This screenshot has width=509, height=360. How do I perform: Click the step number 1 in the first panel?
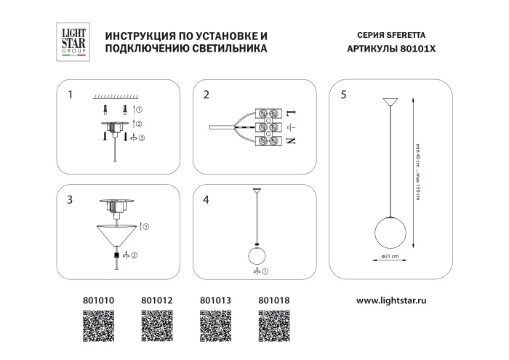[x=69, y=95]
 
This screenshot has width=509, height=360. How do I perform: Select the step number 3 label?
[x=69, y=199]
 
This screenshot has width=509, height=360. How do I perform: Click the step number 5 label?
[x=343, y=95]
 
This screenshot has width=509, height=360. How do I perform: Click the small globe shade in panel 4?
[x=256, y=256]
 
